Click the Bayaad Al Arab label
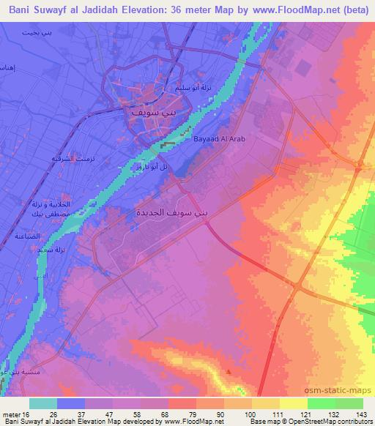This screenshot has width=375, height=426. click(x=212, y=138)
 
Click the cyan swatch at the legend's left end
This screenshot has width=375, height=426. click(x=42, y=403)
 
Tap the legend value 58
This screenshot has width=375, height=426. click(x=152, y=414)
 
